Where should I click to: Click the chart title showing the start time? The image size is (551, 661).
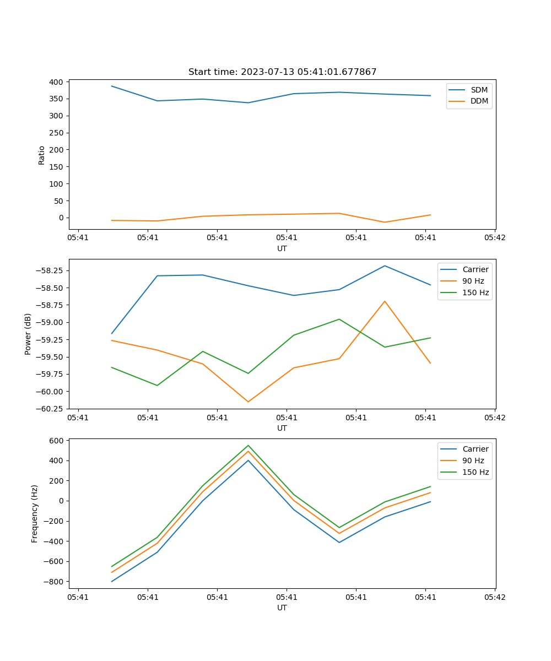click(282, 72)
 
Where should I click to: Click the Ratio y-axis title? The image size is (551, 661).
click(42, 155)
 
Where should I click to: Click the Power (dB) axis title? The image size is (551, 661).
click(28, 334)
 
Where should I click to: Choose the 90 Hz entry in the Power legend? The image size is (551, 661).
click(473, 281)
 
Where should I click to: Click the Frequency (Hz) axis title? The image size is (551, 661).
click(35, 513)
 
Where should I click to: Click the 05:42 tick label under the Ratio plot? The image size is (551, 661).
click(494, 238)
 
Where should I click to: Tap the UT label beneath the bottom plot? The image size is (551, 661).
click(282, 608)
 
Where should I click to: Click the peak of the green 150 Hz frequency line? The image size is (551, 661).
click(248, 446)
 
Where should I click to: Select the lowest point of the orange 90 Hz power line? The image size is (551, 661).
click(248, 402)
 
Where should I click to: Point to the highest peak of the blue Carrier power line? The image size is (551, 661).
click(385, 266)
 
